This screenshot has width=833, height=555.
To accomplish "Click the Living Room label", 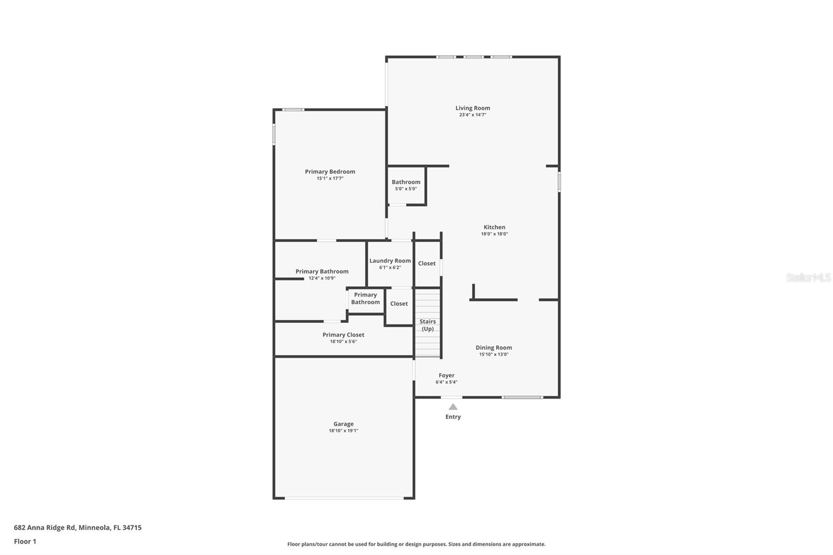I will [473, 108].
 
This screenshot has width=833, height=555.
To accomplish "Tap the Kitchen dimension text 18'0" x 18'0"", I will [494, 234].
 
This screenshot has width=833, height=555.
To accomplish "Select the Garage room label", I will [343, 424].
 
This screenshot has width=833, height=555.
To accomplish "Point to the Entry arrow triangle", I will [453, 407].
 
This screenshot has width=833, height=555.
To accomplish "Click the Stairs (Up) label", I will [427, 325].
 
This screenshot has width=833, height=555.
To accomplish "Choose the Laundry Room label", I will [390, 261].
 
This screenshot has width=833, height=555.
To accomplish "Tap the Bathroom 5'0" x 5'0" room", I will [406, 185].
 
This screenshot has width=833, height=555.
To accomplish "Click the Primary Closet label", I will [343, 335].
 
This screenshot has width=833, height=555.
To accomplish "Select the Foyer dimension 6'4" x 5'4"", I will [446, 382].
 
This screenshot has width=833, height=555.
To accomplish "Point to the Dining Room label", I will [494, 348].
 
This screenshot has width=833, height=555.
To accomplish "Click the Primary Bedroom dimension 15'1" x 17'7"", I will [330, 179].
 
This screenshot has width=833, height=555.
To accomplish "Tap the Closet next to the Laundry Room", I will [427, 263].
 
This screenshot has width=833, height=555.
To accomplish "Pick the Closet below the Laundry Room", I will [399, 304].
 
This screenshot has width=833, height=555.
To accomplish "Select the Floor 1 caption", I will [25, 541].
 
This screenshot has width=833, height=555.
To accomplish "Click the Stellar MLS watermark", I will [808, 277].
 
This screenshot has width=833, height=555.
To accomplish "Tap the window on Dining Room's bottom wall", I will [522, 397].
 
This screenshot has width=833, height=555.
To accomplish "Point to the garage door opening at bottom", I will [344, 498].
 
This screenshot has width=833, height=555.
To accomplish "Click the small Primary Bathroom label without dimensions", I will [365, 298].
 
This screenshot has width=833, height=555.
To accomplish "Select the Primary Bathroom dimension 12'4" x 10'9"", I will [322, 279].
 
